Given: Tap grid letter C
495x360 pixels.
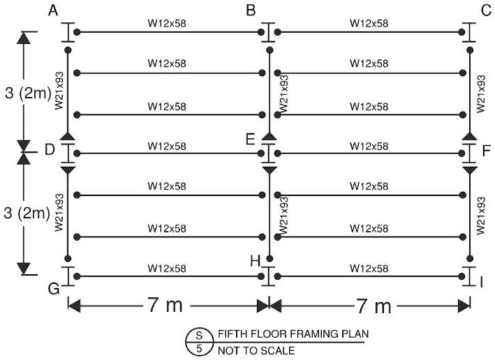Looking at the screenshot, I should [486, 10].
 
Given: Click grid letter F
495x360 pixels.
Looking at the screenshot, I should [487, 150].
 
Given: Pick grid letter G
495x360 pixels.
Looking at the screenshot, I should [52, 288].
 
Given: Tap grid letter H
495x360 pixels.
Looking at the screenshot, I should [256, 261].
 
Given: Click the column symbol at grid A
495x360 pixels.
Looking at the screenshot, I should [68, 32].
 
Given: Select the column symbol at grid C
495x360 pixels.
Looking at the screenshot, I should [469, 32].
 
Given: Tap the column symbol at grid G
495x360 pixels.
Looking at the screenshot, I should [68, 276].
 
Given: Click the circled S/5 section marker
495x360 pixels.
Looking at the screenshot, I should [198, 341].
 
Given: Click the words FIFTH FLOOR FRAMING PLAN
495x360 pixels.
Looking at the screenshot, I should [292, 333].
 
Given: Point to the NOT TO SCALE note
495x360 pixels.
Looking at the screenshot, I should [256, 350].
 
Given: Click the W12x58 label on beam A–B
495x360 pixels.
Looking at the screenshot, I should [167, 24].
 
